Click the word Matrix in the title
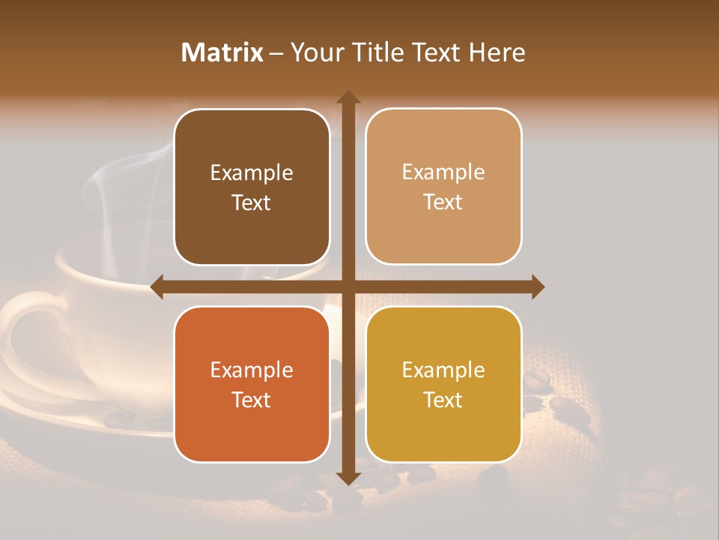pyautogui.click(x=222, y=52)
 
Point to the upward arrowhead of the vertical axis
pyautogui.click(x=348, y=97)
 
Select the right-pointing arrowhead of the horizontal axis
pyautogui.click(x=538, y=286)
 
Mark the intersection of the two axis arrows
pyautogui.click(x=348, y=286)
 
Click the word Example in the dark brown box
pyautogui.click(x=252, y=173)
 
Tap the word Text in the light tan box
pyautogui.click(x=443, y=202)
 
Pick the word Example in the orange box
pyautogui.click(x=252, y=370)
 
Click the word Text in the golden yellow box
pyautogui.click(x=443, y=400)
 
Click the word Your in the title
pyautogui.click(x=315, y=52)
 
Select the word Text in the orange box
pyautogui.click(x=252, y=400)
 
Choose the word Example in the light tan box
pyautogui.click(x=443, y=172)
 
